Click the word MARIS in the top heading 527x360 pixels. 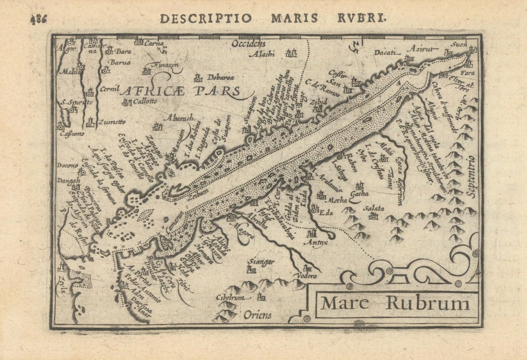click(294, 18)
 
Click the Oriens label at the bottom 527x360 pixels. click(257, 315)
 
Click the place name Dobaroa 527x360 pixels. click(221, 78)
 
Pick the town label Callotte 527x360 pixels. click(145, 102)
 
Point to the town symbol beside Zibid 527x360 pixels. click(319, 109)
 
